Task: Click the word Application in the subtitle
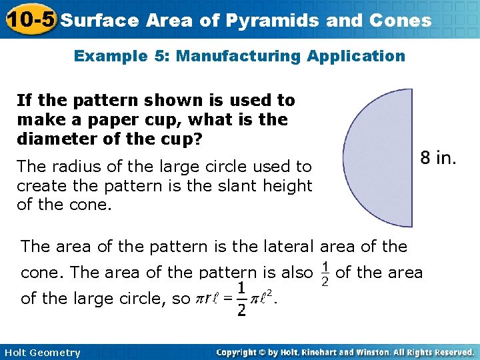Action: point(356,56)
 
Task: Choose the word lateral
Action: point(282,247)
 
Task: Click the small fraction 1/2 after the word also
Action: point(325,274)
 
